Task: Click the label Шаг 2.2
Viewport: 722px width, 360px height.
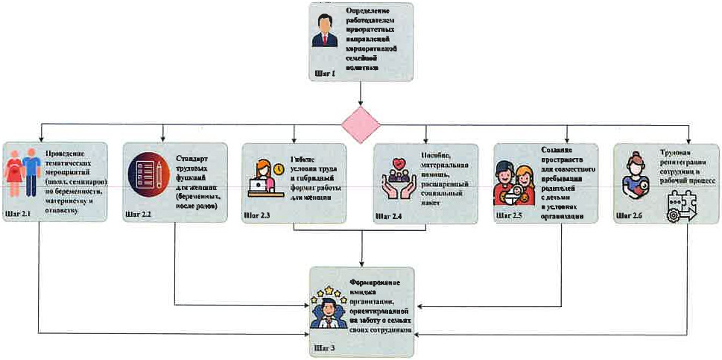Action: tap(139, 215)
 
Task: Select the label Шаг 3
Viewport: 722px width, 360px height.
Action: tap(325, 347)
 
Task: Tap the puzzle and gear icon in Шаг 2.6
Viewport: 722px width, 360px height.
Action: tap(681, 204)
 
